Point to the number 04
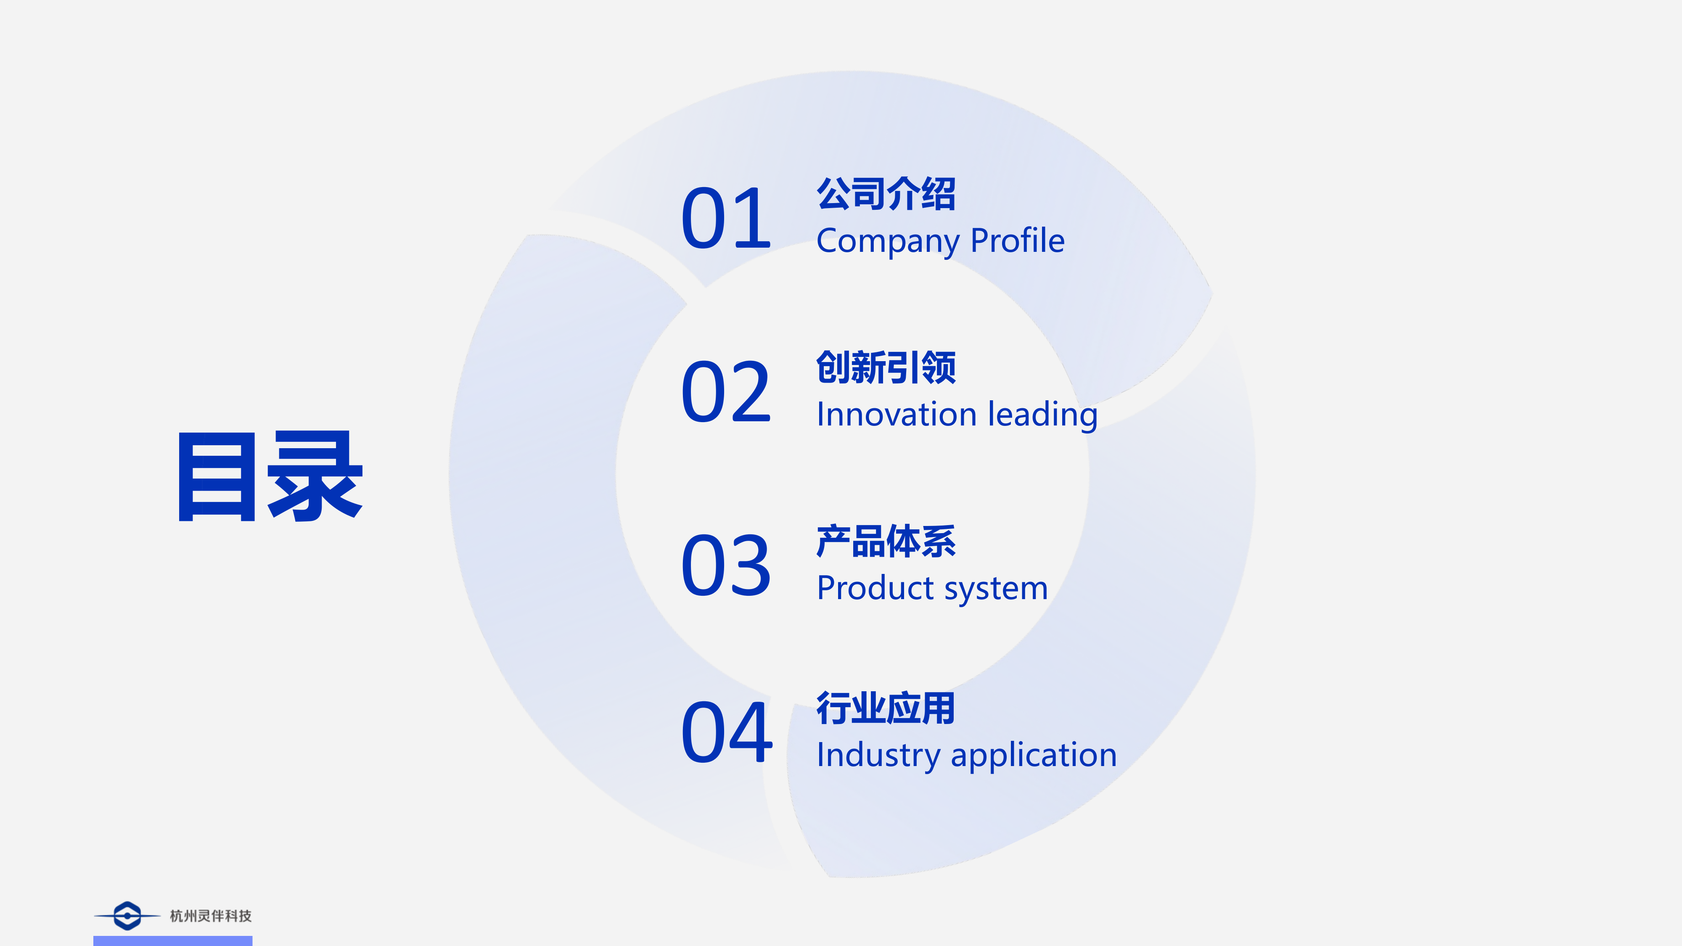[x=727, y=731]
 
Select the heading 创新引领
[x=886, y=367]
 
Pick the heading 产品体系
[x=886, y=541]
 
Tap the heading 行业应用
[x=886, y=708]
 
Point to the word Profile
[x=1018, y=240]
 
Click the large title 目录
[x=270, y=477]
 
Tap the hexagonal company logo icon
[x=127, y=916]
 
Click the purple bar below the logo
[x=172, y=941]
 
